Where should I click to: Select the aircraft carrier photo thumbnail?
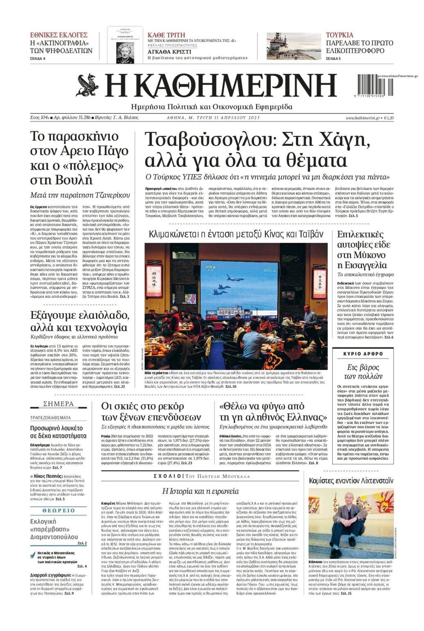click(x=293, y=46)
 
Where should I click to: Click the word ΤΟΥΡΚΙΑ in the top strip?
click(x=340, y=35)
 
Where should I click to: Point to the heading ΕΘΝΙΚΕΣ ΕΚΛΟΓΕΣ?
click(x=59, y=35)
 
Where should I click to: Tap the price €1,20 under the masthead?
click(x=388, y=118)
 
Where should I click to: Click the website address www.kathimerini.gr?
click(x=363, y=118)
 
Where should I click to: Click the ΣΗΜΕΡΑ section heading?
click(x=58, y=404)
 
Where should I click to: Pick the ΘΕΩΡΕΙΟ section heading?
click(x=59, y=511)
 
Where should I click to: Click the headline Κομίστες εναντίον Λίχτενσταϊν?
click(x=351, y=480)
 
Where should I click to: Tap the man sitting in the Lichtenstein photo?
click(x=349, y=522)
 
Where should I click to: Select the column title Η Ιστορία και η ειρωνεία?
click(x=201, y=491)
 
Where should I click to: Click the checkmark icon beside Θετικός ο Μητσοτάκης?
click(x=33, y=555)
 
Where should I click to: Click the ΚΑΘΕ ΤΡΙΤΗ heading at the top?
click(x=166, y=35)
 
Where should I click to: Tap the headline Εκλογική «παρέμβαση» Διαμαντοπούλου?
click(x=54, y=529)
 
